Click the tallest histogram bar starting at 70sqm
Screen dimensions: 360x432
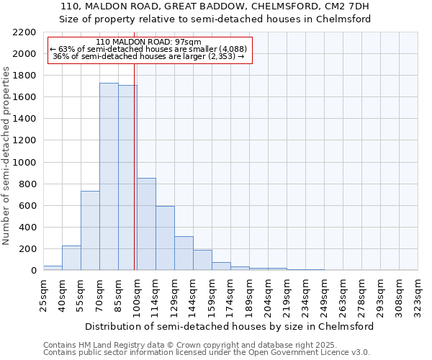(109, 176)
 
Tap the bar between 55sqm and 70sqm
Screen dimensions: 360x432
(90, 230)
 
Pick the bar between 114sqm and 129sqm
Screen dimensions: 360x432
(165, 238)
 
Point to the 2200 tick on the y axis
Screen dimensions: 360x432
(24, 32)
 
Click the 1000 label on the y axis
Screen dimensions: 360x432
(24, 163)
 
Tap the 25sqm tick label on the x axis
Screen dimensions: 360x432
(43, 293)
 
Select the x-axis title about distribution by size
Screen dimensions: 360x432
(230, 326)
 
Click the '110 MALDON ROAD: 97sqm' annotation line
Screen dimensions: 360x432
(148, 42)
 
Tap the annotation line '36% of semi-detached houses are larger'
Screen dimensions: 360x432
(148, 56)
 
